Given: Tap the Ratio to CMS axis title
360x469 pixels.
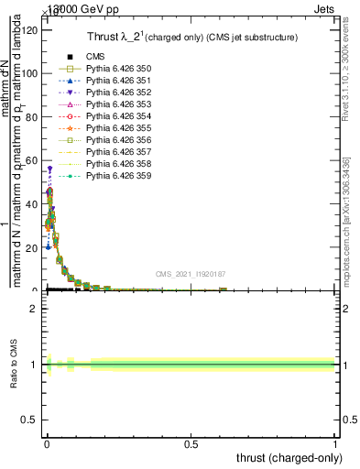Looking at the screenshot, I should click(x=14, y=365).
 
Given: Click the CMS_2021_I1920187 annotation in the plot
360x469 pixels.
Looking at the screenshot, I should click(x=191, y=274).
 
